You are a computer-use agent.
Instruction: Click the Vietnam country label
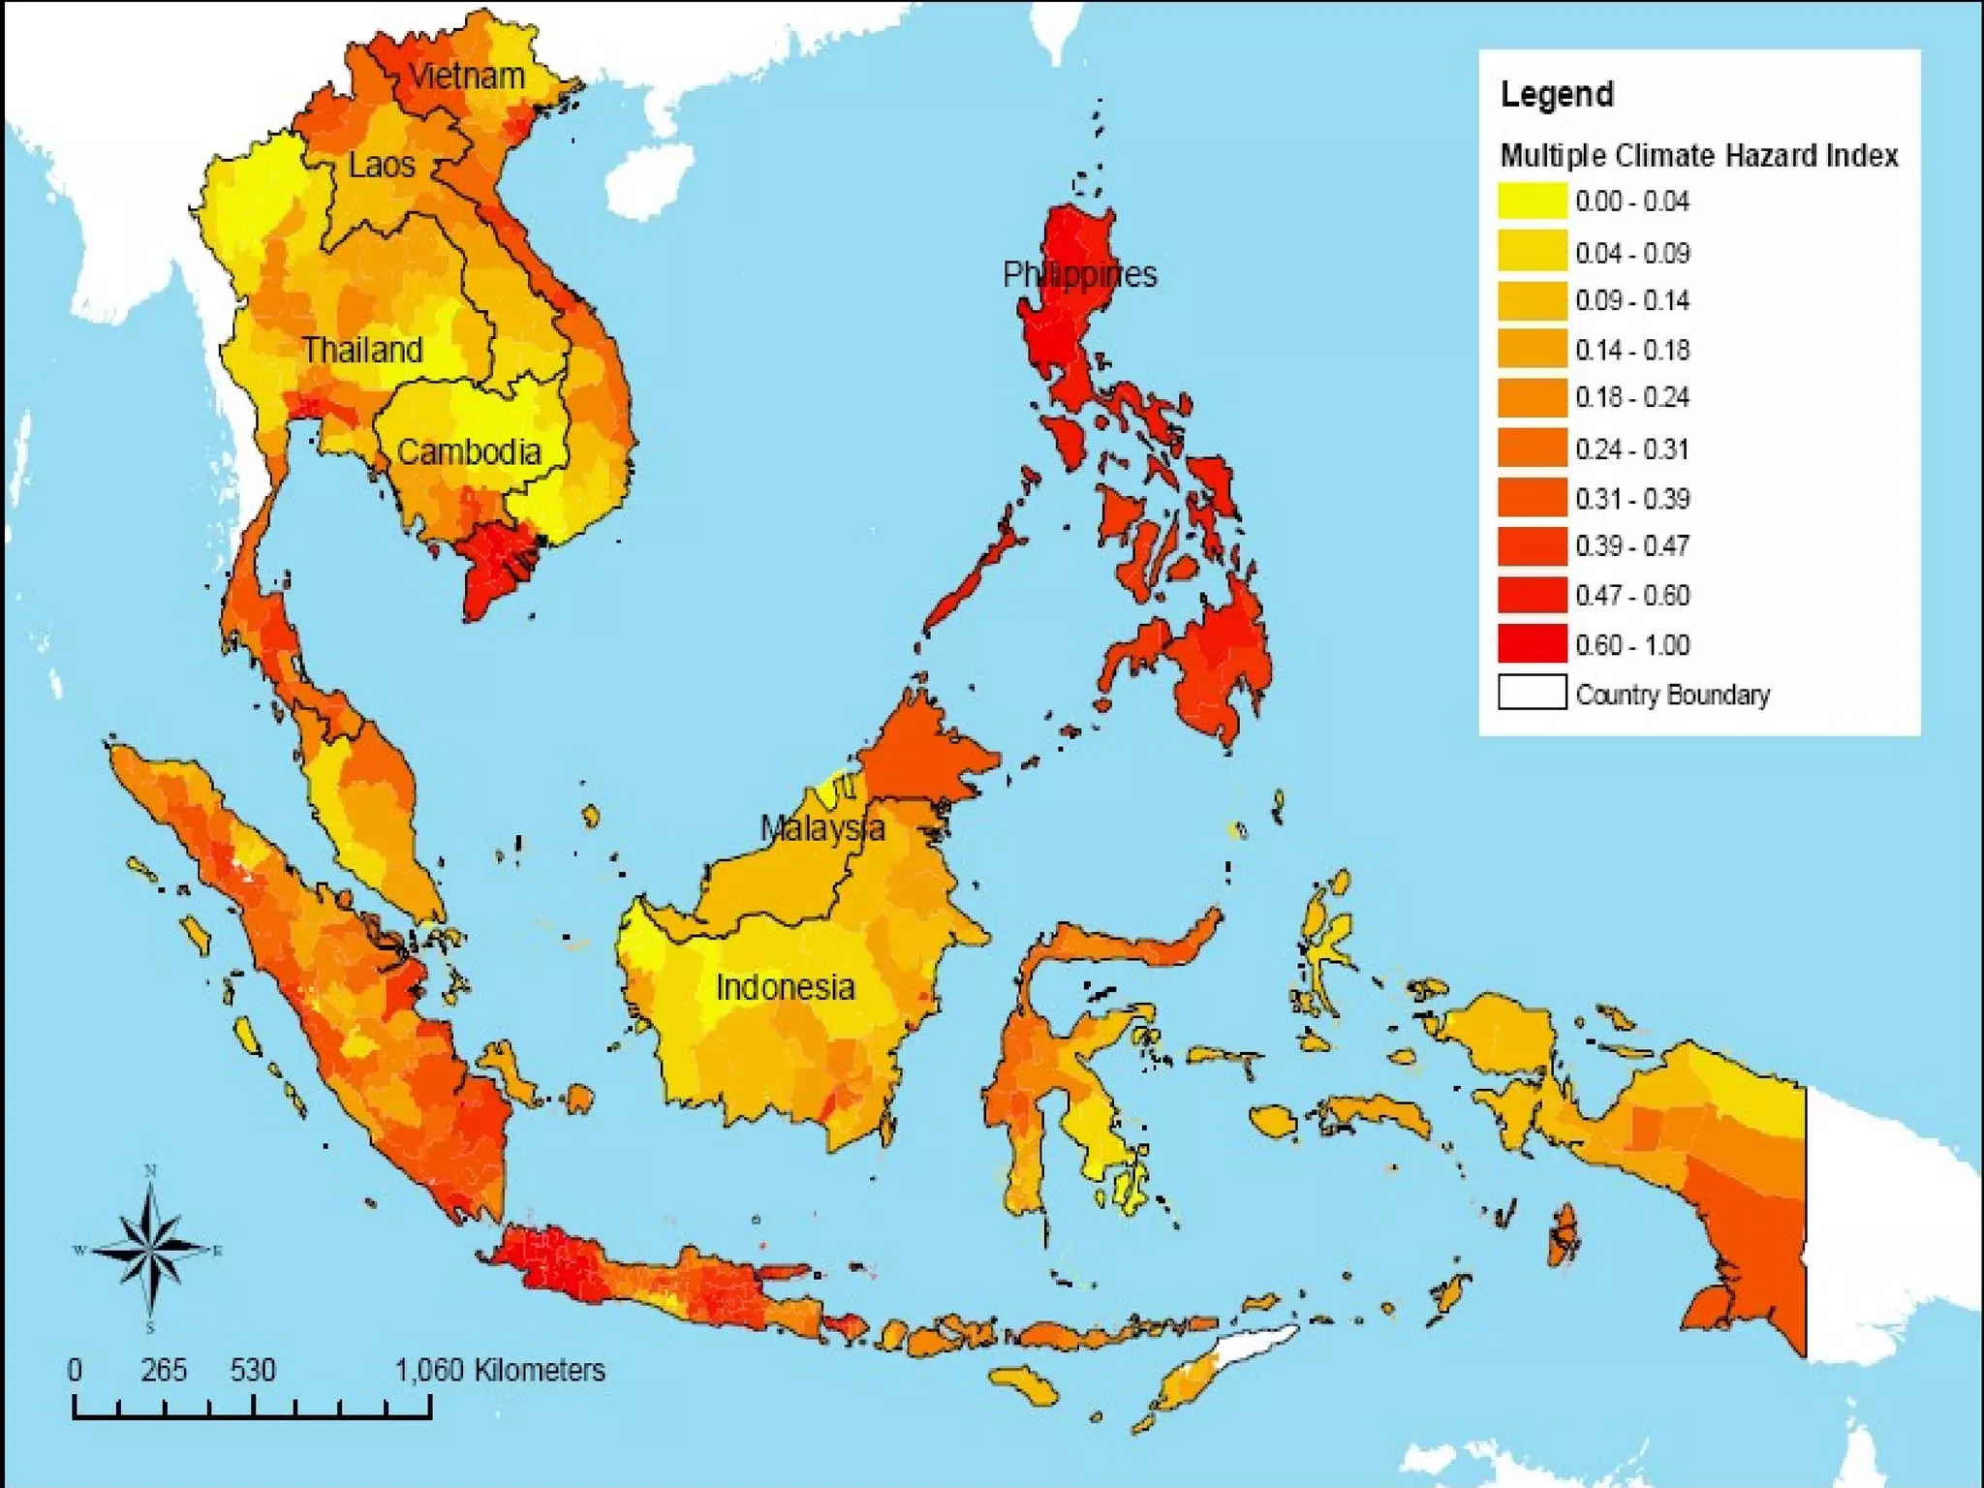467,77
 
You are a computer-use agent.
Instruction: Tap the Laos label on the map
382,165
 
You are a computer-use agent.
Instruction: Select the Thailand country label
362,350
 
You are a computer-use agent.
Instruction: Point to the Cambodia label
469,452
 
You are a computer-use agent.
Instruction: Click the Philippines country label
1079,275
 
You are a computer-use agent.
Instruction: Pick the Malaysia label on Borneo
821,828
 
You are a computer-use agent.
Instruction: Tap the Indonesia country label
785,988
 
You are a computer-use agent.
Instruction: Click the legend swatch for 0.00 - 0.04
1532,201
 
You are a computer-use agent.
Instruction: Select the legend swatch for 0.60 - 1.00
1532,643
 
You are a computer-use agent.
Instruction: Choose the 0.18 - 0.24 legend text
1632,397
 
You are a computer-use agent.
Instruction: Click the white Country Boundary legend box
1532,693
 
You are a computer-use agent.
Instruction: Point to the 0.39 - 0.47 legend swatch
1532,545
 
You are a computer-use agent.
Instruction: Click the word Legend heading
1557,95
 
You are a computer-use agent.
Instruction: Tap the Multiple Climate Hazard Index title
1698,156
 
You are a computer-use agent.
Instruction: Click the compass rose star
150,1250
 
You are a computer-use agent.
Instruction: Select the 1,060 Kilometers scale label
500,1370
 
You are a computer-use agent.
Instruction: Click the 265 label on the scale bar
163,1370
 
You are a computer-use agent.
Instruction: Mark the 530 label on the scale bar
253,1370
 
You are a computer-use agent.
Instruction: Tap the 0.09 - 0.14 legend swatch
1532,299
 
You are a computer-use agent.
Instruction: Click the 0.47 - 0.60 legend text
1632,595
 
